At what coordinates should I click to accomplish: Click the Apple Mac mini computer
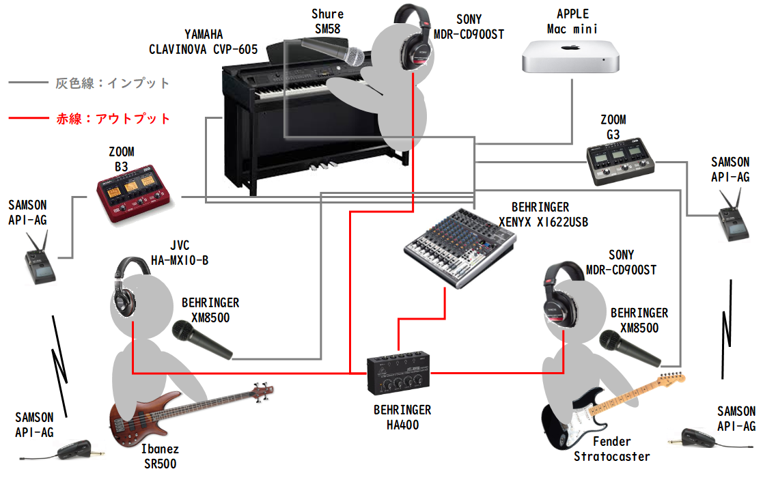point(572,56)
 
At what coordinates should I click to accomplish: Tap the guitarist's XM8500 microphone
point(629,348)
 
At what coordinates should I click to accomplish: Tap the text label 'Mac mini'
point(572,29)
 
